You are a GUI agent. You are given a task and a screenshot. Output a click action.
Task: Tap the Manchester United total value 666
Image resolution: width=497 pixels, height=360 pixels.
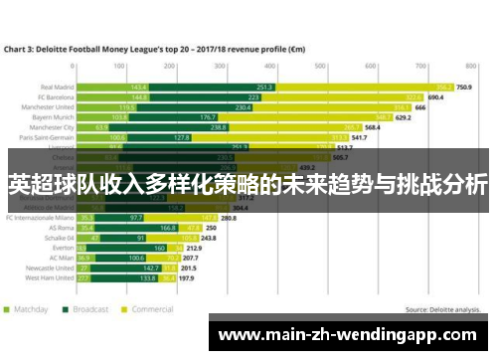coord(420,107)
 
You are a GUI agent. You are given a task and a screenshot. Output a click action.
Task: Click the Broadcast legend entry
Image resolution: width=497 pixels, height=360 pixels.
coord(87,309)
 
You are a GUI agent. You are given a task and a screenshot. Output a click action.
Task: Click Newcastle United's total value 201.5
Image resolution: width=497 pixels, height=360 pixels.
coord(189,269)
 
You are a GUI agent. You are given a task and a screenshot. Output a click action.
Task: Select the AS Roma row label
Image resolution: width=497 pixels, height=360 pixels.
coord(61,227)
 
